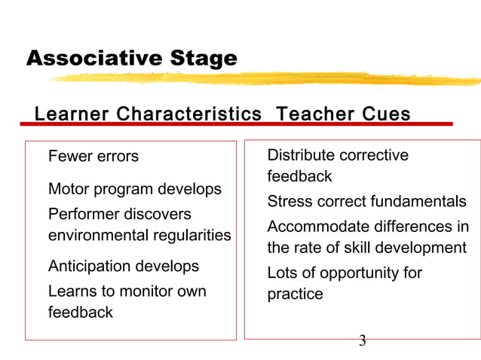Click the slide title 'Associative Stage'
tap(131, 58)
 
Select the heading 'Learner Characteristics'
tap(148, 114)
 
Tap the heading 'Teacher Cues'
tap(343, 114)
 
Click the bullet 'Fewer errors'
tap(93, 157)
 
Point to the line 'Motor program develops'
tap(135, 189)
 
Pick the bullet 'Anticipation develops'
tap(124, 267)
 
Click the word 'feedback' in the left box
tap(81, 313)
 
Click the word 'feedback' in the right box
tap(299, 177)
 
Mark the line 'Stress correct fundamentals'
tap(367, 202)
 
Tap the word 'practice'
tap(296, 294)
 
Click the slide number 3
tap(362, 341)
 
